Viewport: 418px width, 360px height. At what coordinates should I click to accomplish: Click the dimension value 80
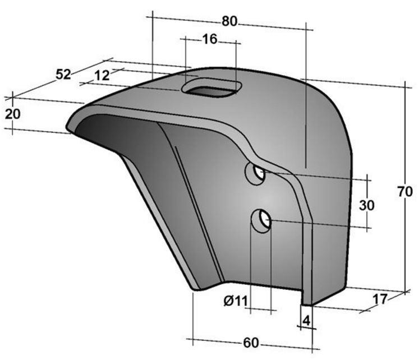(229, 21)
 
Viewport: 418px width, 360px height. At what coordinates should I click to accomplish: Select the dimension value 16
(210, 39)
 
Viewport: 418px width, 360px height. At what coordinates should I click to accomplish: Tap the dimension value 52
(63, 75)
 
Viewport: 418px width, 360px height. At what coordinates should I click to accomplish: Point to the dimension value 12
(102, 76)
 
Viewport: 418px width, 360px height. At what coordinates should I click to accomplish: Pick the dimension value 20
(12, 114)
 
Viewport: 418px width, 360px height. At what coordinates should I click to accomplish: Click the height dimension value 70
(405, 191)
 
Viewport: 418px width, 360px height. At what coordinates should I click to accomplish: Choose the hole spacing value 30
(366, 205)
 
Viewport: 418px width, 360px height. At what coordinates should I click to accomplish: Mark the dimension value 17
(379, 299)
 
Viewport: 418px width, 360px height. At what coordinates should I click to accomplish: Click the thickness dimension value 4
(306, 321)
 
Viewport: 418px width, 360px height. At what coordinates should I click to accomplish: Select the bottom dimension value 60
(251, 343)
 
